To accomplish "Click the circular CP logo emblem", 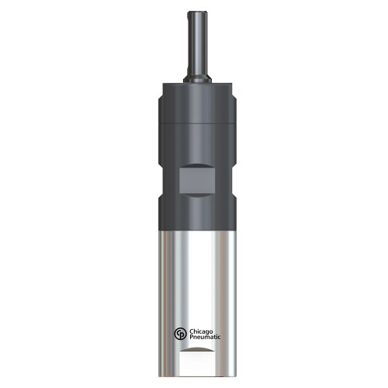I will (x=180, y=334).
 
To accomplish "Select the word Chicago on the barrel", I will (x=203, y=330).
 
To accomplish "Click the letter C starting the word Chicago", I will (x=191, y=330).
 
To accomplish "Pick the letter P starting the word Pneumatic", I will (x=190, y=338).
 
